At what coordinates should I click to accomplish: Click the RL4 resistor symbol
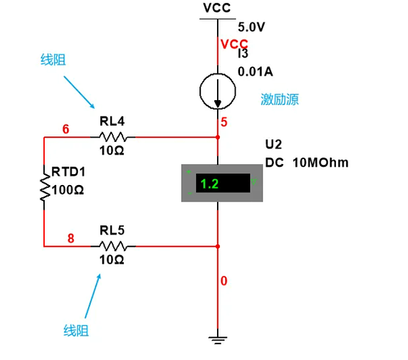coord(113,137)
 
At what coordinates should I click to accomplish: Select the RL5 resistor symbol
coord(113,246)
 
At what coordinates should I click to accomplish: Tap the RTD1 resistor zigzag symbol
coord(45,187)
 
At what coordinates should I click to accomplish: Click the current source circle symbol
coord(218,91)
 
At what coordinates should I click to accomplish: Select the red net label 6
coord(66,129)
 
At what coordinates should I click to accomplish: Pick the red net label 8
coord(71,238)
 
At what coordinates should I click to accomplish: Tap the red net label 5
coord(223,122)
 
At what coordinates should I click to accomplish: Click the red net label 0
coord(223,281)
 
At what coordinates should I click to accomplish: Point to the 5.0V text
coord(252,27)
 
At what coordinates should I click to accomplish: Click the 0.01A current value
coord(255,72)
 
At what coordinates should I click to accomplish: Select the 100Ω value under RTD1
coord(68,190)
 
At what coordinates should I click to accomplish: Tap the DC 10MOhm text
coord(307,163)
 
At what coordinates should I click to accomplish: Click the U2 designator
coord(273,144)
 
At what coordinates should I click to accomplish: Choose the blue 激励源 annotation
coord(280,99)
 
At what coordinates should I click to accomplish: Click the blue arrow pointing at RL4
coord(79,92)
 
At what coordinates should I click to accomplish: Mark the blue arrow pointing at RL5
coord(93,296)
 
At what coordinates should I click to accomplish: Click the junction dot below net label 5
coord(218,137)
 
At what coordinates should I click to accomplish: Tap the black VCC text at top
coord(217,8)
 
